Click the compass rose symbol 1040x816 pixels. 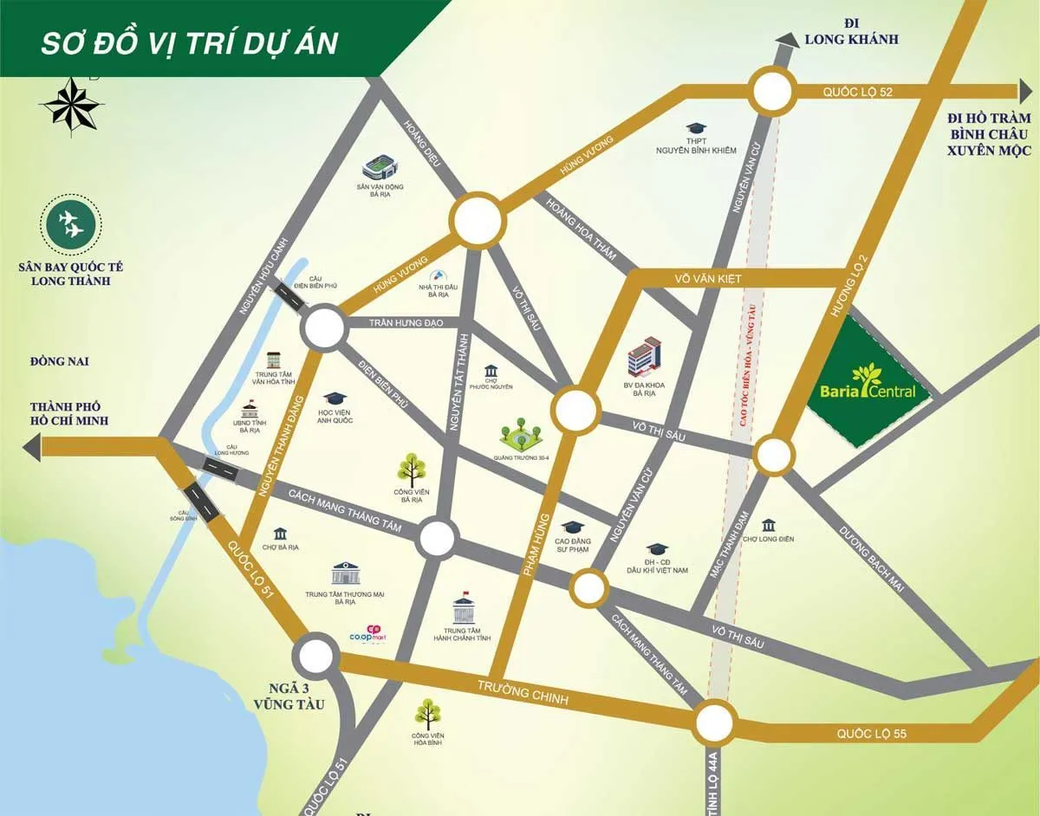tap(73, 103)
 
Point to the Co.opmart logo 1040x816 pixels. tap(367, 634)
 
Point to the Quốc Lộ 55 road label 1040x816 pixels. tap(871, 734)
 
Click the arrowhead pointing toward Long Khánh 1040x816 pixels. tap(787, 39)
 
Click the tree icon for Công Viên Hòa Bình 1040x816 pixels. tap(426, 714)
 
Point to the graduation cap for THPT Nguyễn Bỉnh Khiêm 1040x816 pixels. tap(695, 128)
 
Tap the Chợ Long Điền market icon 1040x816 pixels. tap(768, 526)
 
